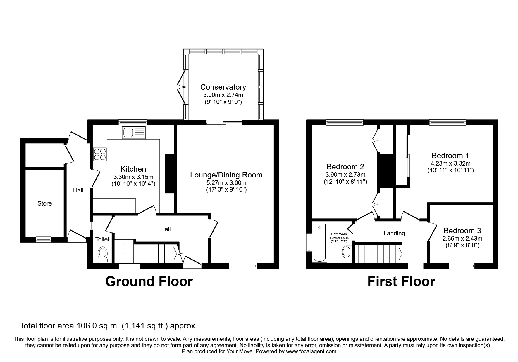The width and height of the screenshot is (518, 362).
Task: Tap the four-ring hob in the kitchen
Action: (100, 154)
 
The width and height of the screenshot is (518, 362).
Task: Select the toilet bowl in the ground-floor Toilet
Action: (103, 254)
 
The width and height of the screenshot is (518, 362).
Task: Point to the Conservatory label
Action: (223, 87)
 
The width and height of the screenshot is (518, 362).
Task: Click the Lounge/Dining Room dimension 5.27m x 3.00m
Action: (226, 183)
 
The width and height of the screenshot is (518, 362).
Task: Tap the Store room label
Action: (44, 203)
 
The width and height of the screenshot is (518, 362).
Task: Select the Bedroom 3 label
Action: (462, 231)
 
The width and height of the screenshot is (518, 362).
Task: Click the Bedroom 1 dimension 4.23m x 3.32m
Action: (450, 163)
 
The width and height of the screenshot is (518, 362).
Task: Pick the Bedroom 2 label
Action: (345, 167)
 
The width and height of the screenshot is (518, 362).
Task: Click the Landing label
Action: (394, 233)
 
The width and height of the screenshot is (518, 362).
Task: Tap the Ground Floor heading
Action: (149, 281)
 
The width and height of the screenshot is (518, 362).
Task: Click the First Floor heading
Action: (401, 281)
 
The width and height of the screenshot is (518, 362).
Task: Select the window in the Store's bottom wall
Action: (43, 239)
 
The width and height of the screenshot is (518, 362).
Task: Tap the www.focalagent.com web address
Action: (311, 351)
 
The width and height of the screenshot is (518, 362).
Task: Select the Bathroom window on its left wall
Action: (308, 242)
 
